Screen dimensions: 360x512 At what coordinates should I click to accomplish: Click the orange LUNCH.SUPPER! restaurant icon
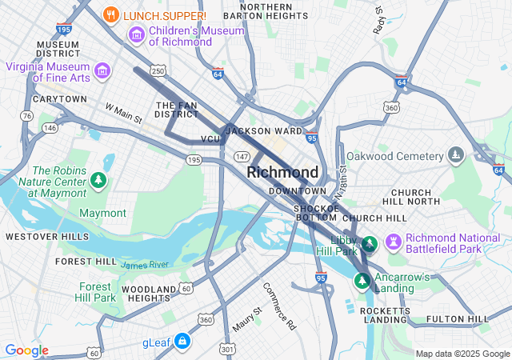point(112,14)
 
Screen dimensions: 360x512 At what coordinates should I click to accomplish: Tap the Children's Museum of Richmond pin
point(136,35)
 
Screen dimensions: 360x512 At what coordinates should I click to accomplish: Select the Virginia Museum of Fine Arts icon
point(102,71)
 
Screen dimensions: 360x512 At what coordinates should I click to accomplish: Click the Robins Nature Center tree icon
point(98,180)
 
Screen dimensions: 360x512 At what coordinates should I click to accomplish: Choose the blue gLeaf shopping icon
point(183,342)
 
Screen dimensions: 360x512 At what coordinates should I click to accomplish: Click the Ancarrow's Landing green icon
point(362,281)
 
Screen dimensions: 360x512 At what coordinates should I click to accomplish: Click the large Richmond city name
point(282,172)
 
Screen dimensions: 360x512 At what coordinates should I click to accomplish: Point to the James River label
point(145,264)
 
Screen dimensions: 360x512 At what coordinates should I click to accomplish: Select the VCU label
point(210,139)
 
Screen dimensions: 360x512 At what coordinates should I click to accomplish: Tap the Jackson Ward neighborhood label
point(264,130)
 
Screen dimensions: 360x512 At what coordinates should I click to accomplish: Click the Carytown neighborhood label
point(60,99)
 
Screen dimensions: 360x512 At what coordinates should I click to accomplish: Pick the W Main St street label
point(123,113)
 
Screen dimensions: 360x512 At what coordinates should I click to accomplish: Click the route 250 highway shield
point(158,71)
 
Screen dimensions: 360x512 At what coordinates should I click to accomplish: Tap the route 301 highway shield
point(227,348)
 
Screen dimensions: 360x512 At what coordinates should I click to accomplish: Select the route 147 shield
point(241,155)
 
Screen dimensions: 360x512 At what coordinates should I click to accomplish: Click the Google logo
point(26,350)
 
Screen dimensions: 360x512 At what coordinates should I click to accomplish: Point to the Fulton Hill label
point(458,319)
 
